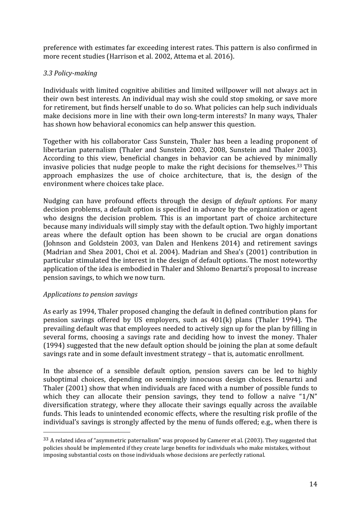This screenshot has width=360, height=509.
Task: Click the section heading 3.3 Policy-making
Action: coord(70,73)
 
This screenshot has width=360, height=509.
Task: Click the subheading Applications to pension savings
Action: coord(90,294)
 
